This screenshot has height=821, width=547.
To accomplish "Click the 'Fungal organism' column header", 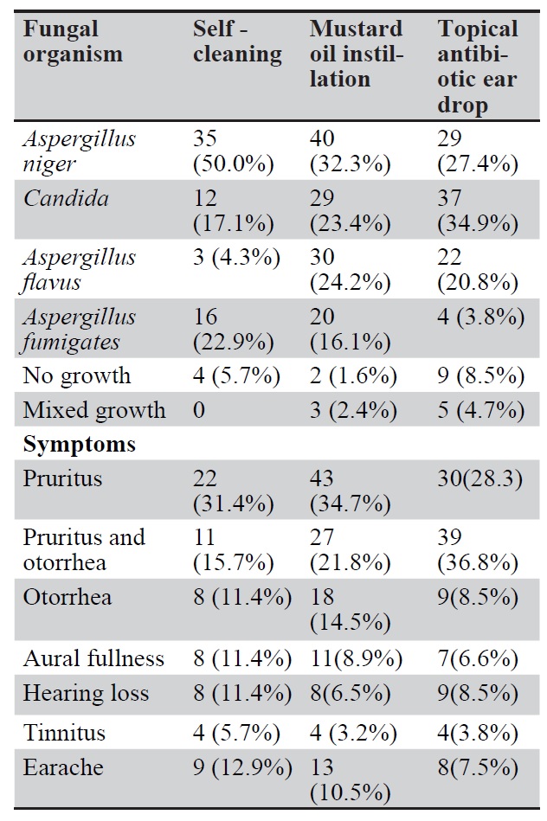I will click(73, 42).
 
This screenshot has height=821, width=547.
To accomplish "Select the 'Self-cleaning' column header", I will click(236, 42).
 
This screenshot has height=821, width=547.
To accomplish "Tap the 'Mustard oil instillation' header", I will click(357, 54).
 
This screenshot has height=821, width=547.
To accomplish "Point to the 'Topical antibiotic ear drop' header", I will click(478, 67).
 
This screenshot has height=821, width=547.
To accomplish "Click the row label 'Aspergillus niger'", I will click(80, 151).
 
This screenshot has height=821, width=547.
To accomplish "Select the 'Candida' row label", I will click(66, 199).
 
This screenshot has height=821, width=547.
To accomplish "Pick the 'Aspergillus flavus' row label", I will click(80, 270).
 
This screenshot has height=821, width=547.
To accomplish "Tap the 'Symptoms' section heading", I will click(80, 444).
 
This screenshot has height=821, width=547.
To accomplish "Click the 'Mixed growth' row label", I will click(94, 409).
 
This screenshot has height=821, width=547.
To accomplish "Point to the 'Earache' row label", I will click(63, 767).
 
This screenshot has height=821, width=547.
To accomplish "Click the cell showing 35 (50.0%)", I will click(233, 151).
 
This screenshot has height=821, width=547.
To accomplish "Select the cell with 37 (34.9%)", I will click(479, 211).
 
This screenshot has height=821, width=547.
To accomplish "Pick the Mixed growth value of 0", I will click(199, 409).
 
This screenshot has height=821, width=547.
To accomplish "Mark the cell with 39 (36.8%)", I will click(479, 549).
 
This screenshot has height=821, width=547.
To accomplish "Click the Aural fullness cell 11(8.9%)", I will click(356, 658).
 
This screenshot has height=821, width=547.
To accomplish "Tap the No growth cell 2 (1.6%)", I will click(354, 375).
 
